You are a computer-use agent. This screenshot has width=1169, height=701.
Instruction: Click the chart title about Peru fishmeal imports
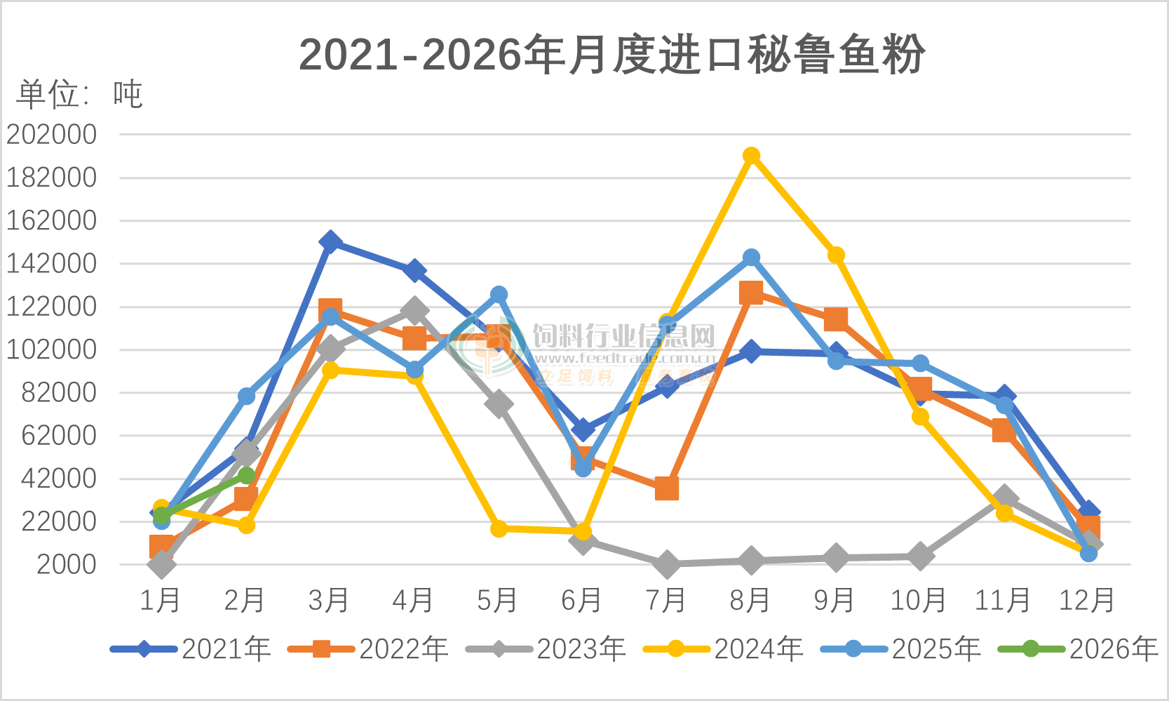click(611, 55)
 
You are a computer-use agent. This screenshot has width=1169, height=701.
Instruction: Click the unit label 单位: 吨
click(79, 94)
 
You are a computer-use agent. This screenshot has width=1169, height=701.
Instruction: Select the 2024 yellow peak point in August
click(751, 155)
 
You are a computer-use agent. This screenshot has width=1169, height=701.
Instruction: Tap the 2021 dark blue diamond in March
click(330, 242)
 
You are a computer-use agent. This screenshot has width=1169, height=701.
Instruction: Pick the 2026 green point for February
click(246, 476)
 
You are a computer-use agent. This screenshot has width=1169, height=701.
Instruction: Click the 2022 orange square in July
click(667, 488)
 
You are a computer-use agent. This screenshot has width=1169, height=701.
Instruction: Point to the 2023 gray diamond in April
click(414, 309)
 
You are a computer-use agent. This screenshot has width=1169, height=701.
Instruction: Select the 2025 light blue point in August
click(751, 258)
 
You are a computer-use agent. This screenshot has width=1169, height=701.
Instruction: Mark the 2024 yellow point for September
click(835, 255)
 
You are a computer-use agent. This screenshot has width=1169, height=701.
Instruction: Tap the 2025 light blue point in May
click(499, 295)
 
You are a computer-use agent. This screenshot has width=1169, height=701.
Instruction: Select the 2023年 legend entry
click(546, 648)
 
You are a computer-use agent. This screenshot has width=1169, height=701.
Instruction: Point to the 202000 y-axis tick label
click(51, 134)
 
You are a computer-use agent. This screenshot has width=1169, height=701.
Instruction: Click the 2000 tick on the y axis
click(66, 564)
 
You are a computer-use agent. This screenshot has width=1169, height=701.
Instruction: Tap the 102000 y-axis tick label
click(51, 349)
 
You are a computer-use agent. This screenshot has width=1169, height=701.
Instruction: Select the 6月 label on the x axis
click(581, 601)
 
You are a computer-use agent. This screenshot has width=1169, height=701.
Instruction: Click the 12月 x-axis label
click(1086, 601)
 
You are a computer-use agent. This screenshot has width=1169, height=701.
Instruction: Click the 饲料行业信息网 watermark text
click(623, 337)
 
